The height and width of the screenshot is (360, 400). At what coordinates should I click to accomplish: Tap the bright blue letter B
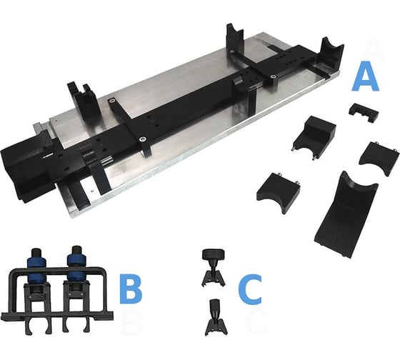click(x=130, y=288)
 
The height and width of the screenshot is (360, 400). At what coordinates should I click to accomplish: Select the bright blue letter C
click(x=250, y=289)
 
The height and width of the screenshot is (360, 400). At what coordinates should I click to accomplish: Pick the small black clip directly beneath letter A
click(x=364, y=112)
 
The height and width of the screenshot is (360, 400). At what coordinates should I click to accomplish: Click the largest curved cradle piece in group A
click(x=346, y=214)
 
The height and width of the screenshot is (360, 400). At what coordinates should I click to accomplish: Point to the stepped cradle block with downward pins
click(x=314, y=135)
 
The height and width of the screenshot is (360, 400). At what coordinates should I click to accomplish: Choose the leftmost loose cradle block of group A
click(x=279, y=191)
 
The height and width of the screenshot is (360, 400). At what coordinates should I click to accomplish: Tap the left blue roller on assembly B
click(x=36, y=269)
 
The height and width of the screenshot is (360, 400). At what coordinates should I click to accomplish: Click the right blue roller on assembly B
click(x=76, y=268)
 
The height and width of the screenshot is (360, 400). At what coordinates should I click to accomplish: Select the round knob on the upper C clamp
click(x=214, y=254)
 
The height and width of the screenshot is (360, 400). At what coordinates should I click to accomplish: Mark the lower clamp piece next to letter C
click(x=216, y=318)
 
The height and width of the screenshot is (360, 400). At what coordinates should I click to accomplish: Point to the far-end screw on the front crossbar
click(x=111, y=101)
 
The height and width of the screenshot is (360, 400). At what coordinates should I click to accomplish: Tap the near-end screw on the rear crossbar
click(x=273, y=76)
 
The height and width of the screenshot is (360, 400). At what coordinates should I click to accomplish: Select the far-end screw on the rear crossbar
click(x=231, y=51)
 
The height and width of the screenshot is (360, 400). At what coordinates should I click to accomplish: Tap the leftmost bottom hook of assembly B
click(x=29, y=328)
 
